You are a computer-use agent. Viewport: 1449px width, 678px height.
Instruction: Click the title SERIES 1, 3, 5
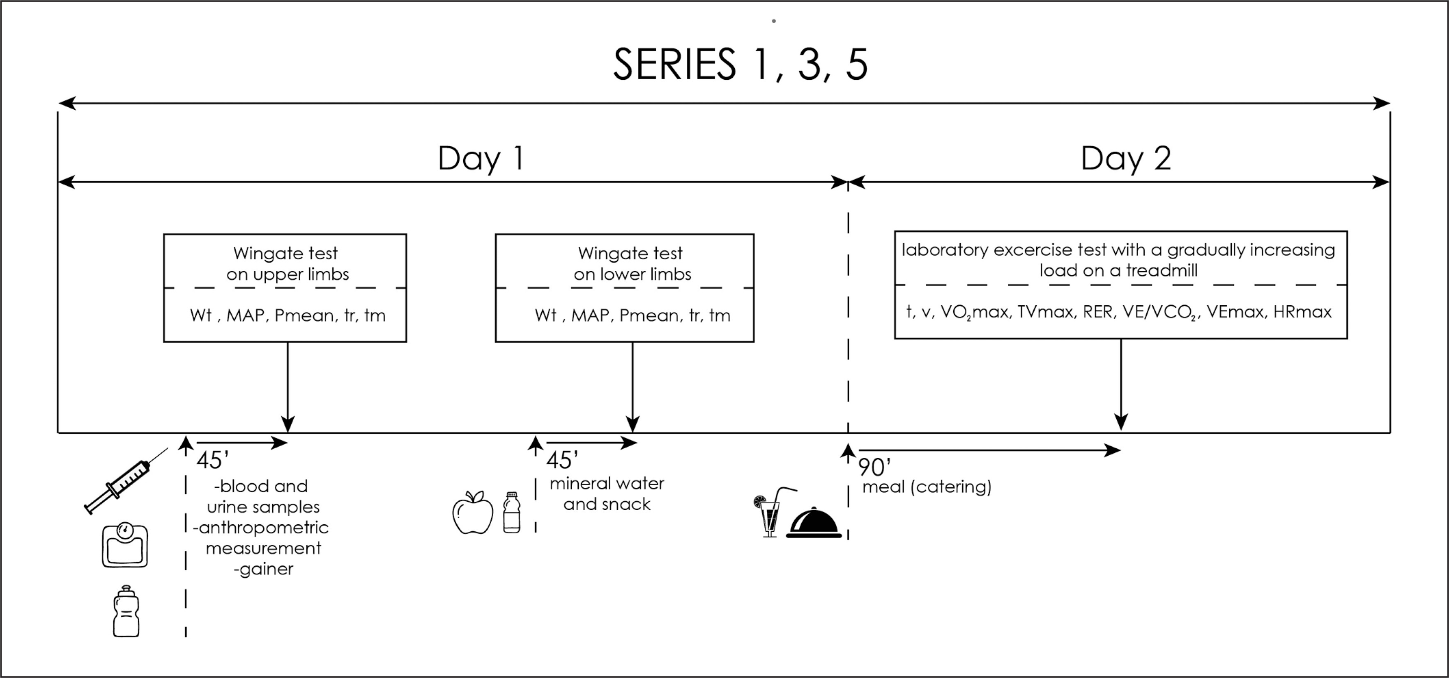click(740, 65)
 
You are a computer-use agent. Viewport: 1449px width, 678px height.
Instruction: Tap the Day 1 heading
click(481, 158)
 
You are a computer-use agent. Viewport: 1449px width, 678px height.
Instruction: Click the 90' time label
click(874, 467)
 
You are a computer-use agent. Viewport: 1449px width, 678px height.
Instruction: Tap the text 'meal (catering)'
click(927, 487)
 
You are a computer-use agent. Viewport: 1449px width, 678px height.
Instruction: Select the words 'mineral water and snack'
click(606, 494)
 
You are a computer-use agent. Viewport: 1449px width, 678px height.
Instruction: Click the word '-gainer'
click(263, 569)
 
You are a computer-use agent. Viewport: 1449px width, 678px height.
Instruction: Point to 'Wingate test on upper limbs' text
click(287, 263)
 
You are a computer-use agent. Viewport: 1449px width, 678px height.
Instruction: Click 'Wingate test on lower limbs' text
click(632, 263)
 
